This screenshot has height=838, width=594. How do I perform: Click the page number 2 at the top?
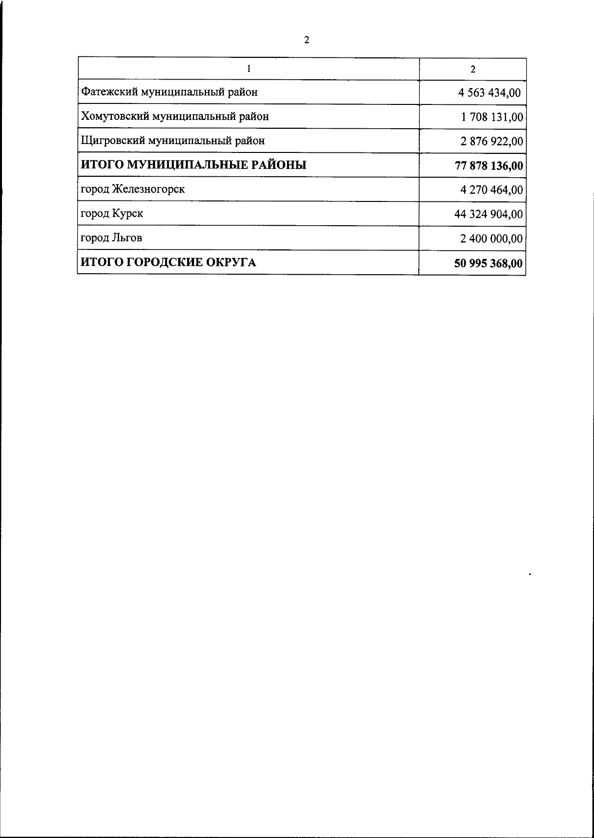point(306,40)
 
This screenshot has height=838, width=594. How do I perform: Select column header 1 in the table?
point(248,69)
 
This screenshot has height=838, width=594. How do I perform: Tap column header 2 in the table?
point(473,69)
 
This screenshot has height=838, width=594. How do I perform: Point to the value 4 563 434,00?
point(490,93)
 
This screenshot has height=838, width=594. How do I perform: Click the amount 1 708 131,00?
point(492,117)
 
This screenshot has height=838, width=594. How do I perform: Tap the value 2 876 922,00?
point(491,142)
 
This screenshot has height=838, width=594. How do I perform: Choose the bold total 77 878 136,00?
point(489,166)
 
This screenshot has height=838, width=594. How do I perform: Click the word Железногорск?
point(148,189)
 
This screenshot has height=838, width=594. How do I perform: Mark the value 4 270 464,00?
point(491,190)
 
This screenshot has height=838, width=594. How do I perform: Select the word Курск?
point(127,214)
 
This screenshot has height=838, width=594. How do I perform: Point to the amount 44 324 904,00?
point(489,214)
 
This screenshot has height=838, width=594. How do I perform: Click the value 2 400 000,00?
point(491,239)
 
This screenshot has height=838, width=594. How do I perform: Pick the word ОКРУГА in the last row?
point(231,262)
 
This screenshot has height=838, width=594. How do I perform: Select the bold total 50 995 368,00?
point(489,263)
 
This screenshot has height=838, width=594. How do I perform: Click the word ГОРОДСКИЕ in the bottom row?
point(163,262)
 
